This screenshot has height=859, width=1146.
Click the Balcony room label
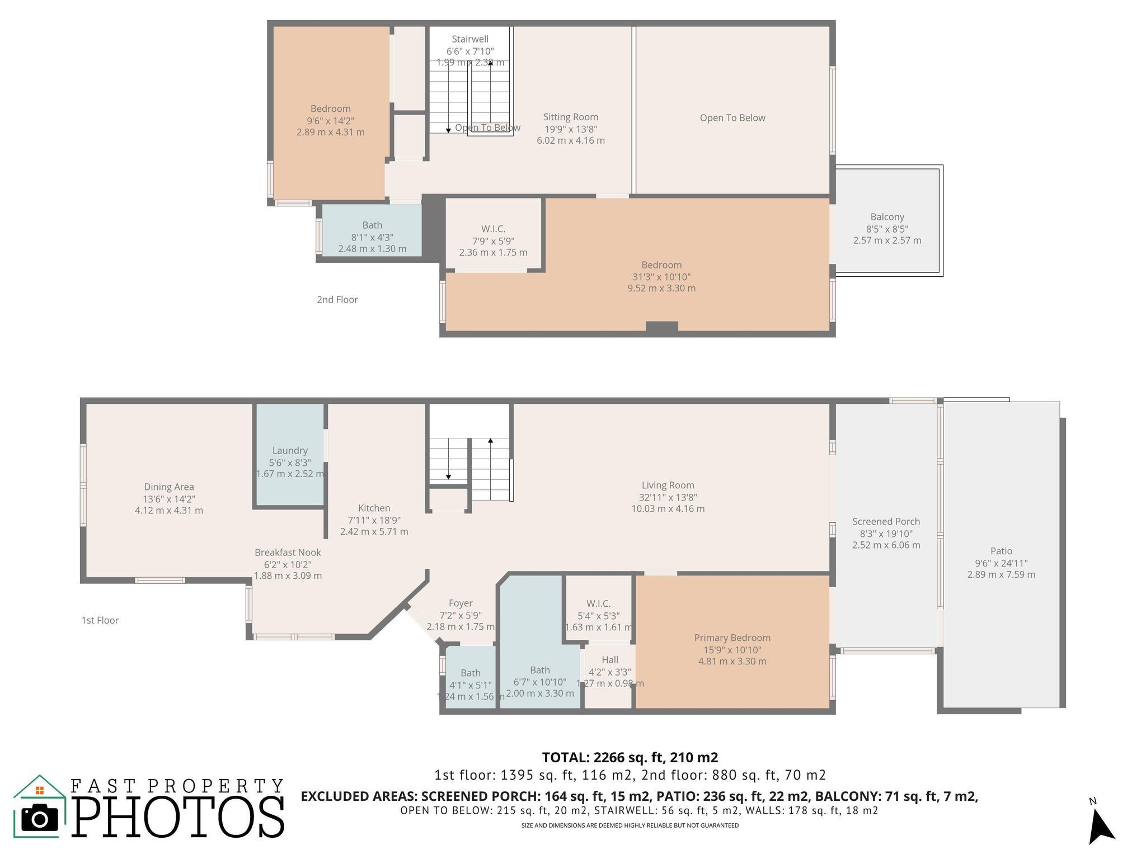[x=887, y=217]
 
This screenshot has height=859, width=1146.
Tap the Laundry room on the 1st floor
[x=290, y=456]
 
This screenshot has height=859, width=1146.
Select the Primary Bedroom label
[x=732, y=638]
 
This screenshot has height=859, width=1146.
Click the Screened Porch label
[x=886, y=521]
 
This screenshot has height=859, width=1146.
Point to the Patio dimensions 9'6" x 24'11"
[x=1001, y=563]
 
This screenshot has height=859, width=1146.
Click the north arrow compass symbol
[x=1101, y=824]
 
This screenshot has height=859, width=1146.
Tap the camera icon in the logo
[x=39, y=819]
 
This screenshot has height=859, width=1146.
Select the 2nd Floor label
[x=337, y=300]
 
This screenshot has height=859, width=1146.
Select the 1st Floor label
[x=100, y=620]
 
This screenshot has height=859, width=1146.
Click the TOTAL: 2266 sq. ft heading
[x=630, y=757]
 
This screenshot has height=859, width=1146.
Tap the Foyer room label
[x=461, y=603]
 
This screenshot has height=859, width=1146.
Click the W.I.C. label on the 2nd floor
[x=493, y=229]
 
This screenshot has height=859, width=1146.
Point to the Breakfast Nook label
[x=288, y=552]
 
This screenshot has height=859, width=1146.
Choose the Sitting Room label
[x=570, y=117]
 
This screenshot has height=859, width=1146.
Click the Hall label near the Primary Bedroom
[x=609, y=660]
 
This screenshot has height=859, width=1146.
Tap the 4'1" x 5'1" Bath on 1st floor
[x=470, y=685]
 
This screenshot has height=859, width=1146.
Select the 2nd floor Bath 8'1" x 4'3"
[x=372, y=237]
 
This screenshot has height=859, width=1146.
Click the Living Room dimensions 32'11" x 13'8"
[x=668, y=497]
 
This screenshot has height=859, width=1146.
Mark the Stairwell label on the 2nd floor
[x=470, y=39]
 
